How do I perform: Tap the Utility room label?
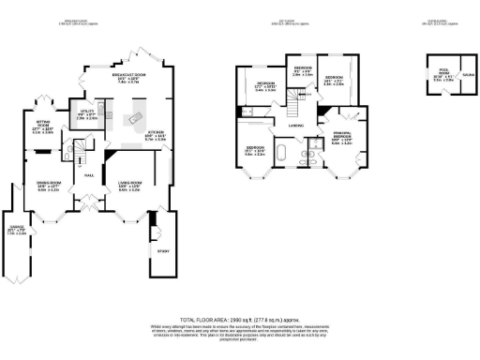coord(86,112)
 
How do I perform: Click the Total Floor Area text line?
coord(239,321)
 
